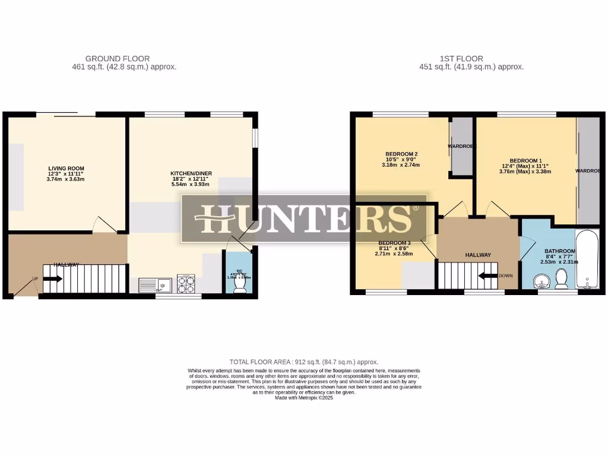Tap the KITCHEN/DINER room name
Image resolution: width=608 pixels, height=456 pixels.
(x=191, y=173)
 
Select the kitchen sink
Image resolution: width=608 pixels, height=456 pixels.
(x=154, y=285)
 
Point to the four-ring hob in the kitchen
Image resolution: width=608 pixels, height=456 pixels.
(x=186, y=284)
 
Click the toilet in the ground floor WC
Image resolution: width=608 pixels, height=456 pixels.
(x=240, y=285)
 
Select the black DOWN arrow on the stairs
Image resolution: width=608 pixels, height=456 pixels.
(x=488, y=275)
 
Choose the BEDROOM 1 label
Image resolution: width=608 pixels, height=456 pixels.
(x=525, y=160)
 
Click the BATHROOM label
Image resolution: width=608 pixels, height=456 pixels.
(x=558, y=251)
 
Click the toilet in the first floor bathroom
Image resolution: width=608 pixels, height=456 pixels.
(x=561, y=278)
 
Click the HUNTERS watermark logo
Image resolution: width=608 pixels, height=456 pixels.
(x=304, y=218)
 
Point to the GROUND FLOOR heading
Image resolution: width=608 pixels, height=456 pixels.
(x=118, y=58)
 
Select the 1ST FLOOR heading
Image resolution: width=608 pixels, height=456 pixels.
(x=461, y=58)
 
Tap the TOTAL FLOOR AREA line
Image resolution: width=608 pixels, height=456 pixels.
(x=304, y=362)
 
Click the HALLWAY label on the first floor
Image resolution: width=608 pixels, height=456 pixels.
(x=478, y=255)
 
